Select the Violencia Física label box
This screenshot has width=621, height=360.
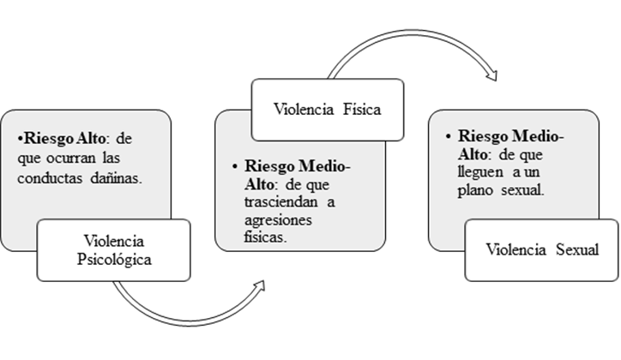click(x=327, y=109)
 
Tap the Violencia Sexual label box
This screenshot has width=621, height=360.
click(x=541, y=250)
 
